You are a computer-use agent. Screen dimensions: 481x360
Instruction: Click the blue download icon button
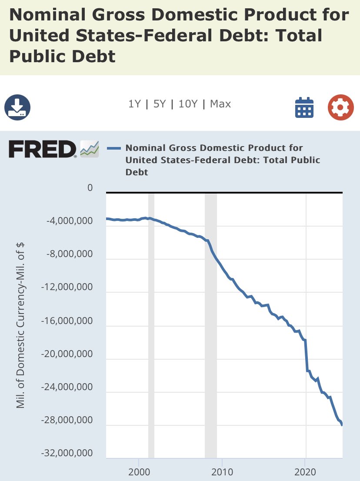17,107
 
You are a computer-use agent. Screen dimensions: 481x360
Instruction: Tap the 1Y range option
135,104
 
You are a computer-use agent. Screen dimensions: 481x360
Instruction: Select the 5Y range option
160,104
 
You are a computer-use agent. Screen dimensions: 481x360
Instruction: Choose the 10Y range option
188,104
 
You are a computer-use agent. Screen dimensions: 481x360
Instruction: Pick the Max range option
220,104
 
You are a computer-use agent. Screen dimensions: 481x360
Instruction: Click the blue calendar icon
304,107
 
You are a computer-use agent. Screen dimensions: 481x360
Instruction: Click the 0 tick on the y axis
90,188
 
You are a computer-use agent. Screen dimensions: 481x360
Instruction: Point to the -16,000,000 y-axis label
67,321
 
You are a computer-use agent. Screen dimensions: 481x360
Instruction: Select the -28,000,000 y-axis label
67,421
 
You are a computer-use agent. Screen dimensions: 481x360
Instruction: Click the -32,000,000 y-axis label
67,454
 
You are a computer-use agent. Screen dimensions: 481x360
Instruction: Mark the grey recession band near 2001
151,326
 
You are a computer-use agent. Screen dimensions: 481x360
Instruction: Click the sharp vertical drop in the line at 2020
307,357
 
